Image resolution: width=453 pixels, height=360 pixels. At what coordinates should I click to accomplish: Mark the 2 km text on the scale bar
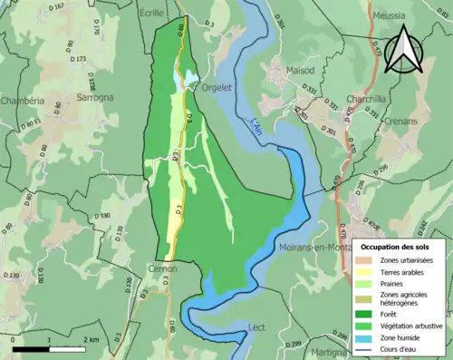(x=92, y=339)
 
